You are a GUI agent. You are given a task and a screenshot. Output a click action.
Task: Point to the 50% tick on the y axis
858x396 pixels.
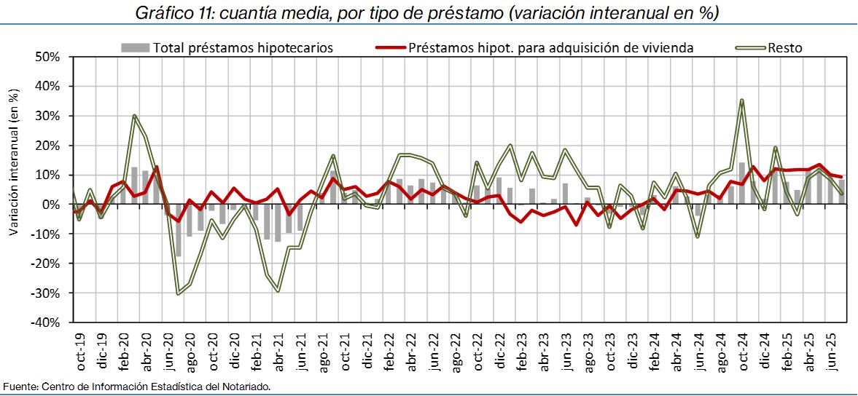pyautogui.click(x=50, y=57)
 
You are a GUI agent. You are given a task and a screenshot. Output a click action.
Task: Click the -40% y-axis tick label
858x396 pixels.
pyautogui.click(x=48, y=322)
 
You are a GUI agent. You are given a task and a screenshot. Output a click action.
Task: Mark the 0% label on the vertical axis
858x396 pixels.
pyautogui.click(x=54, y=204)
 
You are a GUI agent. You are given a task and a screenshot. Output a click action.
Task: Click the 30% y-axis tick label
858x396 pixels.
pyautogui.click(x=50, y=116)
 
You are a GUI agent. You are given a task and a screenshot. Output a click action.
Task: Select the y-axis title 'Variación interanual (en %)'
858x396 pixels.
pyautogui.click(x=14, y=162)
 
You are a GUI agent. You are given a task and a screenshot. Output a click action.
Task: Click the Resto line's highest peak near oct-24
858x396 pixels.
pyautogui.click(x=742, y=100)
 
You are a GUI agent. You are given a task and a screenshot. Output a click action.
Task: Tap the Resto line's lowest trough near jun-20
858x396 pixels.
pyautogui.click(x=179, y=293)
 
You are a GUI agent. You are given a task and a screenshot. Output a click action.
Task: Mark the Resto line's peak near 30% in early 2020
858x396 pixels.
pyautogui.click(x=135, y=116)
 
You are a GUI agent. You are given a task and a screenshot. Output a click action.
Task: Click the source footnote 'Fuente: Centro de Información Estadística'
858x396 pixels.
pyautogui.click(x=137, y=387)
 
